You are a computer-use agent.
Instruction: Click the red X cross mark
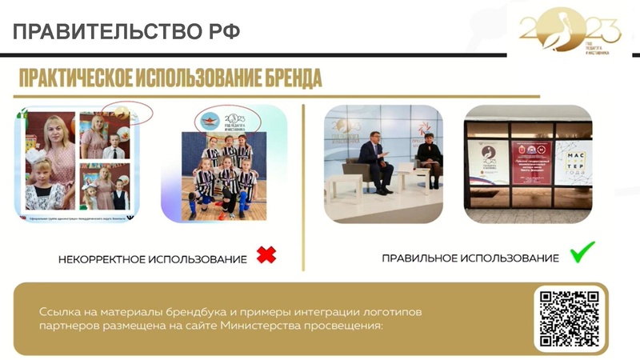(266, 255)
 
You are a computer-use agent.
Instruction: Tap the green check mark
(581, 254)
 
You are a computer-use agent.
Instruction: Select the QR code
(569, 318)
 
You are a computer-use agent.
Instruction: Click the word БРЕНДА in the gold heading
(284, 79)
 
